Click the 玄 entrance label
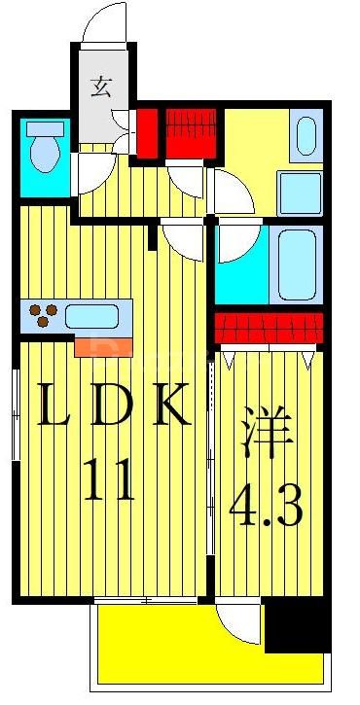pos(99,88)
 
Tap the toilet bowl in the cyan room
pos(44,154)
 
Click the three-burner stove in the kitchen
pos(41,316)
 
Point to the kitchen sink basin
pos(91,316)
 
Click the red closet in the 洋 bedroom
pos(267,328)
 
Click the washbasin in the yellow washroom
pos(306,136)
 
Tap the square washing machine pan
pos(300,192)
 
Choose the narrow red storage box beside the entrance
pos(147,134)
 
